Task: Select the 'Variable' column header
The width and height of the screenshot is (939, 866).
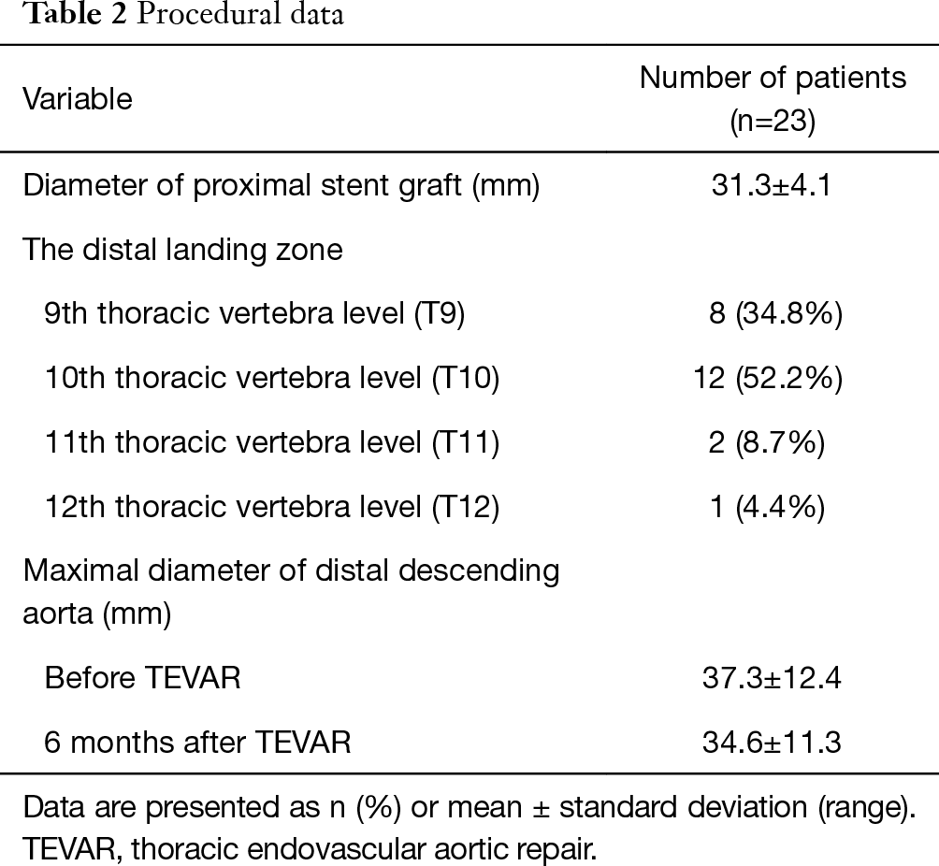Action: point(78,99)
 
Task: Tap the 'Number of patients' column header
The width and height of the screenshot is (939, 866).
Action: point(773,78)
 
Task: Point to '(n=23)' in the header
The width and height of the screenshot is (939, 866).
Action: point(773,122)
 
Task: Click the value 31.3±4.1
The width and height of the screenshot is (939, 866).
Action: point(773,186)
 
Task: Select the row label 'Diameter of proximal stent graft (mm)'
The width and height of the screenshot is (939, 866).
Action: point(282,186)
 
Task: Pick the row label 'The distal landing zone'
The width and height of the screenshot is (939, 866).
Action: point(182,250)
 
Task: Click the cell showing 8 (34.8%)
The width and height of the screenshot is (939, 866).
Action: point(775,314)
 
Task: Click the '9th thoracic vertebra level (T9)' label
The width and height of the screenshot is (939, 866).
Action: point(254,314)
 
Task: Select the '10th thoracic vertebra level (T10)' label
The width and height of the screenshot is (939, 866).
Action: point(272,378)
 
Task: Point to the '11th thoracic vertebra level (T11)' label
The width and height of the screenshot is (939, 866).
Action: point(272,442)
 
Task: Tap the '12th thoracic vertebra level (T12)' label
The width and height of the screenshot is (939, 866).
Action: point(272,507)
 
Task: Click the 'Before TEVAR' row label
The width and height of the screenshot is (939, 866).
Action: point(142,678)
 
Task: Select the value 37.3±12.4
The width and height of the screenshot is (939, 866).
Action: point(772,678)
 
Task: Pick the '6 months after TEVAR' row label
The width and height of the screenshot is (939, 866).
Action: point(197,743)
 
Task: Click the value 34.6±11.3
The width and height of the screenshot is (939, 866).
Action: point(772,743)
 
